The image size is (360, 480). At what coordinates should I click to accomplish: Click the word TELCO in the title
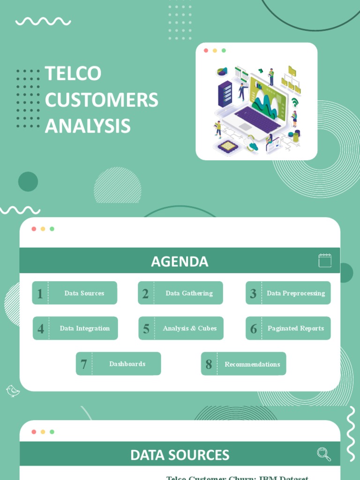tap(73, 74)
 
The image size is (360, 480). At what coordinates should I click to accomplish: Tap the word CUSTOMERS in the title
tap(101, 100)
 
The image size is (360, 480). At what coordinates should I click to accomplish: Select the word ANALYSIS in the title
tap(87, 126)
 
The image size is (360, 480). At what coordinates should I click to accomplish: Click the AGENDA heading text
tap(180, 262)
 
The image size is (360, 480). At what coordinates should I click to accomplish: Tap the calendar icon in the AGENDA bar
tap(325, 261)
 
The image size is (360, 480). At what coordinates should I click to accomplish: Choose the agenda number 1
tap(40, 293)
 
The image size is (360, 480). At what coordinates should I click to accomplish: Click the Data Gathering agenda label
tap(189, 293)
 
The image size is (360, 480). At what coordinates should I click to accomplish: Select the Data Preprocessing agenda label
tap(296, 293)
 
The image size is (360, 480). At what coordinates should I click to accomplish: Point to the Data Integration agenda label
tap(85, 329)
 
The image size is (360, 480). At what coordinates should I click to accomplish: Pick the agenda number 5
tap(146, 329)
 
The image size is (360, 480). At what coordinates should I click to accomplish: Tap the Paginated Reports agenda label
tap(296, 329)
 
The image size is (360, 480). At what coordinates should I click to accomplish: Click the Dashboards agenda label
tap(127, 364)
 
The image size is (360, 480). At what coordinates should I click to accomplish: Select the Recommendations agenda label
tap(252, 364)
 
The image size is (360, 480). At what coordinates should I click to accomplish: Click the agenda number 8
tap(209, 364)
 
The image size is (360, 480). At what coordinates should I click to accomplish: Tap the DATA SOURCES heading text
tap(180, 455)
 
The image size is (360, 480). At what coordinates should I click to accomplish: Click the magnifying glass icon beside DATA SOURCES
tap(323, 454)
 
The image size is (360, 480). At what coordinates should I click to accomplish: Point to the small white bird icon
tap(13, 390)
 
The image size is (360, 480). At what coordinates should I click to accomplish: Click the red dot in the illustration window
tap(206, 51)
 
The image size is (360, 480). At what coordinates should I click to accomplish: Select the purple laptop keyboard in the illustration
tap(257, 120)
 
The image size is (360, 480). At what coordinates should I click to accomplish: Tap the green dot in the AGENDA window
tap(52, 229)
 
